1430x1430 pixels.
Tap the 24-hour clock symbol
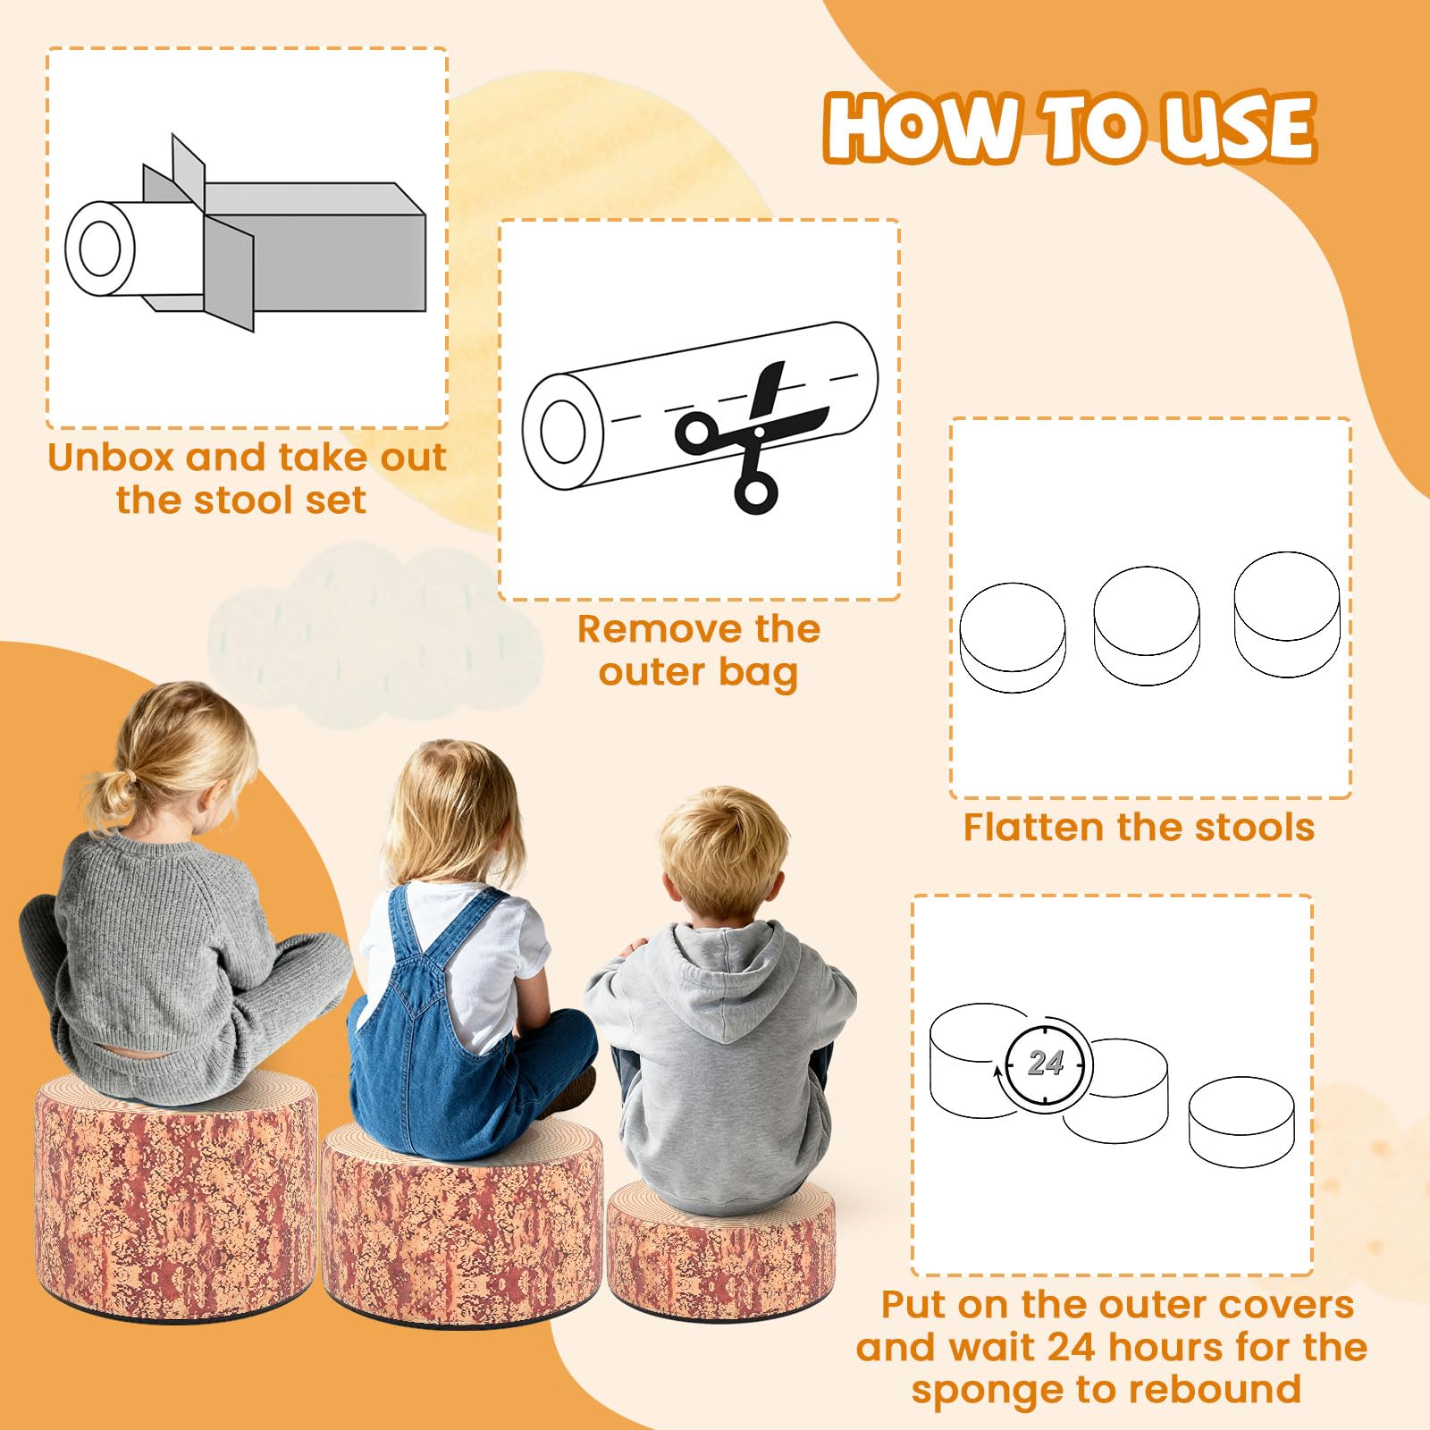[1044, 1064]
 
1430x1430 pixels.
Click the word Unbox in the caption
[111, 457]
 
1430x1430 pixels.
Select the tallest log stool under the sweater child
[176, 1197]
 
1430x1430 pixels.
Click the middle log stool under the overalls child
[463, 1224]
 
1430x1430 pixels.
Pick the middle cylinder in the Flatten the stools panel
[1147, 626]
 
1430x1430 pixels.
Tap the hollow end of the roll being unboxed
[100, 248]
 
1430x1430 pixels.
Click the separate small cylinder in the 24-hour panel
[1241, 1122]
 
